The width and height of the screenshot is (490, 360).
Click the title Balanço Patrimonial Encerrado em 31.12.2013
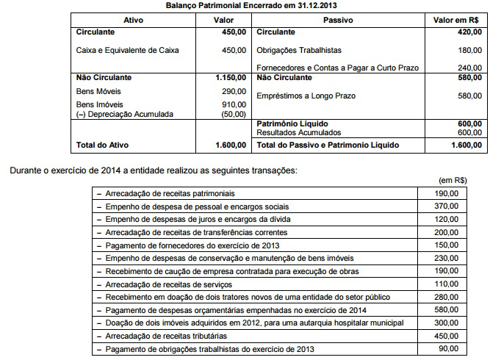tap(245, 6)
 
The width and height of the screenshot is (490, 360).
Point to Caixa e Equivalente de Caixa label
tap(127, 50)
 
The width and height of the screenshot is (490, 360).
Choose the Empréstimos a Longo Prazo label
tap(307, 96)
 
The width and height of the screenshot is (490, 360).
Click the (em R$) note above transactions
tap(454, 180)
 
